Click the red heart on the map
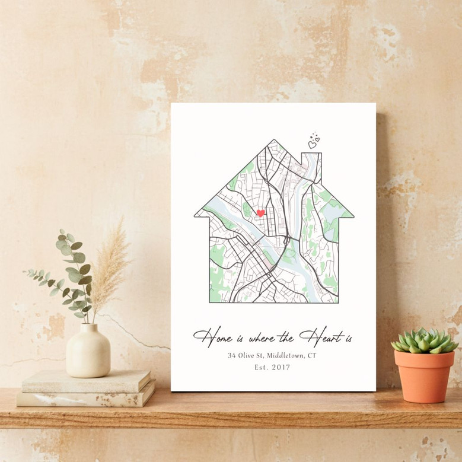pyautogui.click(x=260, y=214)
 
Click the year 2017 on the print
pyautogui.click(x=281, y=368)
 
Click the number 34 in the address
pyautogui.click(x=231, y=355)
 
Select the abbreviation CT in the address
pyautogui.click(x=312, y=355)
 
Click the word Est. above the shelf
pyautogui.click(x=261, y=368)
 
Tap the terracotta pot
pyautogui.click(x=423, y=375)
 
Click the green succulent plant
pyautogui.click(x=423, y=340)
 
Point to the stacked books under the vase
pyautogui.click(x=86, y=389)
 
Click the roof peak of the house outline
pyautogui.click(x=274, y=142)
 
